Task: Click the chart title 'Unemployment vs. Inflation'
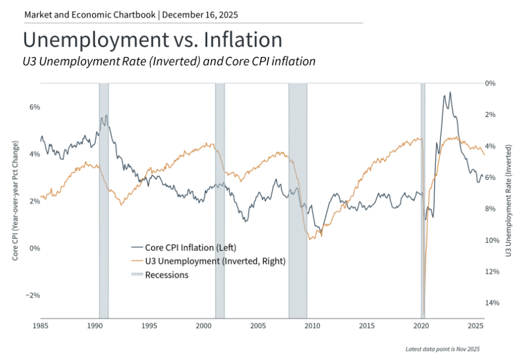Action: [152, 40]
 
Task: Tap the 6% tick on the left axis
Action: [35, 107]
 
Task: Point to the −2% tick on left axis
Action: [33, 296]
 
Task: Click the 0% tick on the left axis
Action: [35, 248]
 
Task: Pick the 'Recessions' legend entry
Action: [167, 275]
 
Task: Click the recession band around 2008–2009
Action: [298, 200]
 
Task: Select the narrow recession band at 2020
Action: [423, 200]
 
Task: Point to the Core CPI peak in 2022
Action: [450, 93]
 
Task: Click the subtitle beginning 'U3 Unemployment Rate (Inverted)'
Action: [169, 61]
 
